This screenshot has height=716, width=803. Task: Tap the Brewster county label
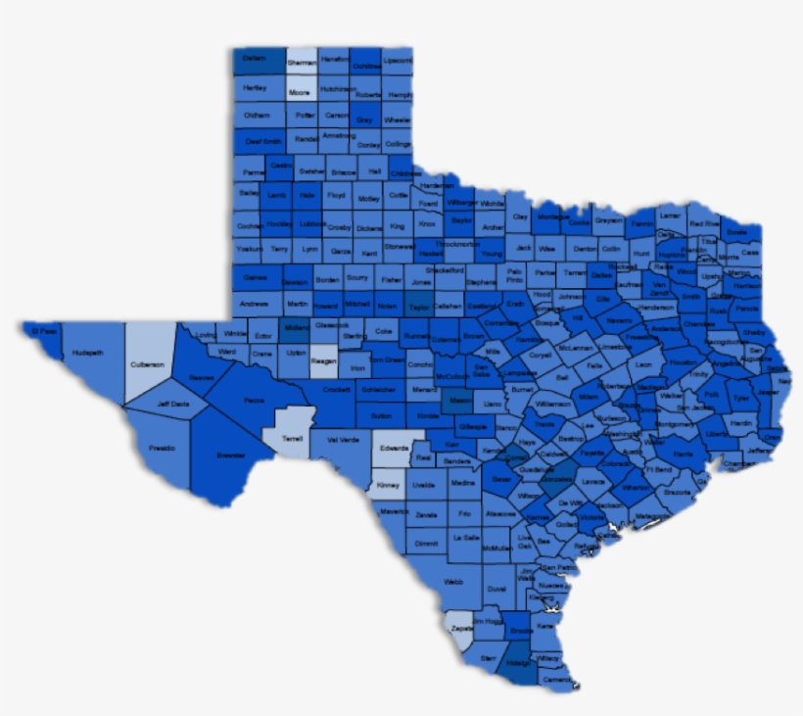click(x=231, y=456)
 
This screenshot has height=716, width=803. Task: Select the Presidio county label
click(x=163, y=448)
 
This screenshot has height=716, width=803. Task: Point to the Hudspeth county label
click(x=87, y=353)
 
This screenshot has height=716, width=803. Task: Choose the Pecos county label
click(x=255, y=400)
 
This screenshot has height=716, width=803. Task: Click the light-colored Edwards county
click(x=395, y=448)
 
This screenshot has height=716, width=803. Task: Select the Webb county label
click(x=452, y=581)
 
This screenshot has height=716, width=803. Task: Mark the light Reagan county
click(x=323, y=361)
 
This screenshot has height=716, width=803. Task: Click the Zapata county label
click(x=461, y=628)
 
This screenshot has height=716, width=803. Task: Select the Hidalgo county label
click(x=520, y=662)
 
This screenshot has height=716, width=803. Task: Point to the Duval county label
click(x=497, y=589)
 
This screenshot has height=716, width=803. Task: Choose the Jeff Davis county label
click(x=172, y=404)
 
